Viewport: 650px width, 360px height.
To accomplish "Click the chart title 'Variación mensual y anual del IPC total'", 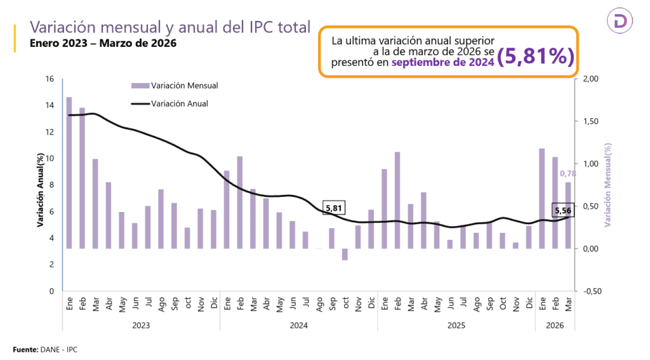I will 170,27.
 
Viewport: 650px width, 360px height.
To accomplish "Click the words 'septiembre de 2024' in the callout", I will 442,62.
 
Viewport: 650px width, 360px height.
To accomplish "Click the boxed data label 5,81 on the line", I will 333,208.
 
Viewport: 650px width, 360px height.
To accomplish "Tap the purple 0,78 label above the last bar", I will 567,173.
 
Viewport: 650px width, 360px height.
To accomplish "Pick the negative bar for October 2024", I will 345,254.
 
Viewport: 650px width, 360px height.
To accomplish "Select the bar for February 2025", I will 397,200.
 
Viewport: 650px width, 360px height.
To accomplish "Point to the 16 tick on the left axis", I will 50,79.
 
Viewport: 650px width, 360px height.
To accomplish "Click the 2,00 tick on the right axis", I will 590,79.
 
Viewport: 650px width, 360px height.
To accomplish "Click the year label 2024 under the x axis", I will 298,325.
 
